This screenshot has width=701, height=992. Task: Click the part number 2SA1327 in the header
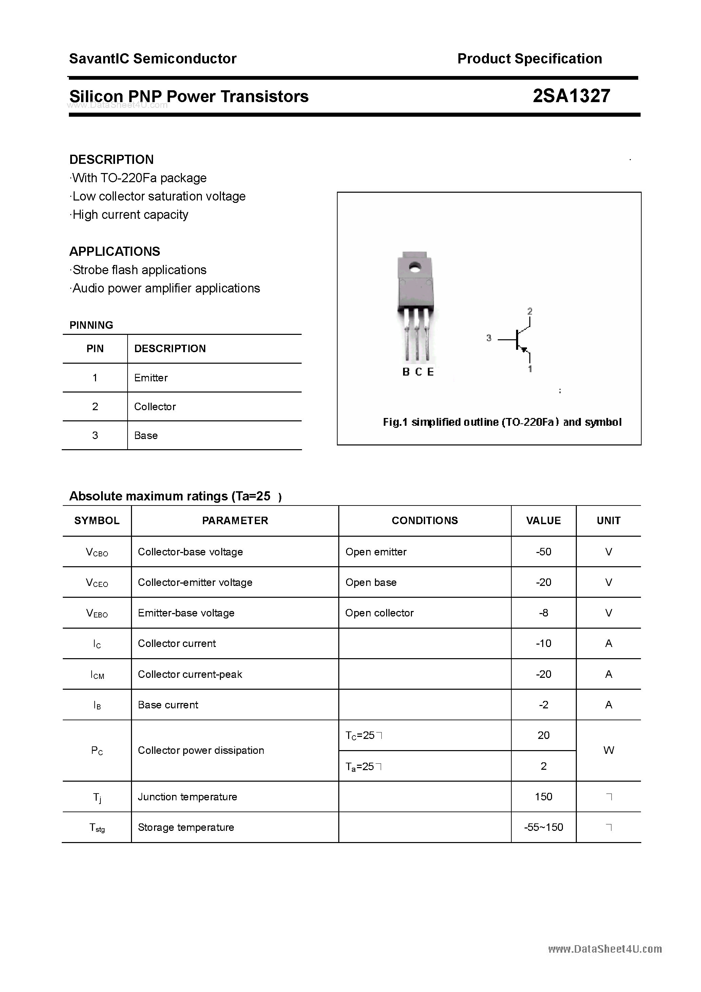571,96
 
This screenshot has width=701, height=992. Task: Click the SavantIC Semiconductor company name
153,59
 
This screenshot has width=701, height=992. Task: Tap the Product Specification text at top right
529,59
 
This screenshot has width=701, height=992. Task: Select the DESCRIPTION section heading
112,159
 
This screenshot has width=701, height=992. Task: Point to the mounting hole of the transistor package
415,267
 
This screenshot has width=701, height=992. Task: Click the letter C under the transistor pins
418,372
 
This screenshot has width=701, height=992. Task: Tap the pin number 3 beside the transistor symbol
489,338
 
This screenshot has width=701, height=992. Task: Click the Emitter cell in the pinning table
151,378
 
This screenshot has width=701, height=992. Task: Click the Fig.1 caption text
502,422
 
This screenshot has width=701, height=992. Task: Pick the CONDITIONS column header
424,521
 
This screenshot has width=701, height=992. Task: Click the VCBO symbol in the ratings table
97,552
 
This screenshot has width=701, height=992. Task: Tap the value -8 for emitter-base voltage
543,613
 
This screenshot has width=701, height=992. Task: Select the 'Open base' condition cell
371,583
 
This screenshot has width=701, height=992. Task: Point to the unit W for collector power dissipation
608,750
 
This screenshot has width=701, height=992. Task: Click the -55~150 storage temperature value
543,827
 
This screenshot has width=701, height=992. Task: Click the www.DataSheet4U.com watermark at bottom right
605,949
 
